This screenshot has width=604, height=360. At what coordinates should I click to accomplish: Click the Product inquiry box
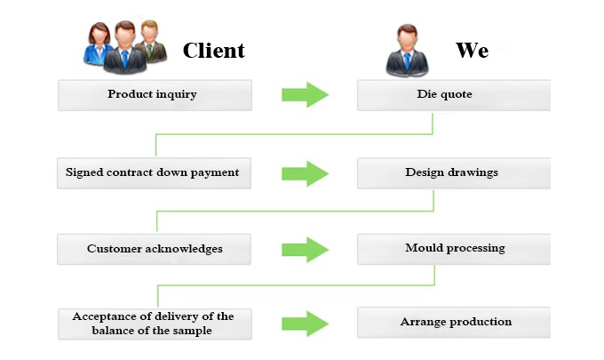(x=155, y=95)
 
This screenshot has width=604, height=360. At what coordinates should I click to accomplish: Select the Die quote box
(x=454, y=95)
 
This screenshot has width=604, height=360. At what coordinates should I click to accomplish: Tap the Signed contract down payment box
(x=154, y=173)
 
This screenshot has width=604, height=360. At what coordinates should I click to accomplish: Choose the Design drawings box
(x=454, y=173)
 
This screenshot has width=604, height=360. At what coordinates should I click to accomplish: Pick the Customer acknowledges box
(x=154, y=249)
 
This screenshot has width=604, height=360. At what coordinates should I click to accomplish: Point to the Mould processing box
(x=454, y=249)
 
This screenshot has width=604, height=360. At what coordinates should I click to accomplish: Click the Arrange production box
(x=454, y=323)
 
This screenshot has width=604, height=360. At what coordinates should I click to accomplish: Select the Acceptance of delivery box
(x=155, y=324)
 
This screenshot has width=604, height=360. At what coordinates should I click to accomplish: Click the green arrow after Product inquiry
(x=305, y=94)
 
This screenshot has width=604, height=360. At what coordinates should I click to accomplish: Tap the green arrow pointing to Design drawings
(x=305, y=174)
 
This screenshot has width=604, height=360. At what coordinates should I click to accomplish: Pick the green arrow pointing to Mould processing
(x=305, y=250)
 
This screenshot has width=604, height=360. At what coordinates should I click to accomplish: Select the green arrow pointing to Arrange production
(x=305, y=324)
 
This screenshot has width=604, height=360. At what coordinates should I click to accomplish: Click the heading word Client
(x=214, y=51)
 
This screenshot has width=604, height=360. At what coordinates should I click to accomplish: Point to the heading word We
(x=473, y=50)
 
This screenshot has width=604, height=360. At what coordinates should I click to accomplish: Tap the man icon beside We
(x=407, y=51)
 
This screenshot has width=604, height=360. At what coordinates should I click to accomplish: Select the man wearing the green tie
(x=151, y=41)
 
